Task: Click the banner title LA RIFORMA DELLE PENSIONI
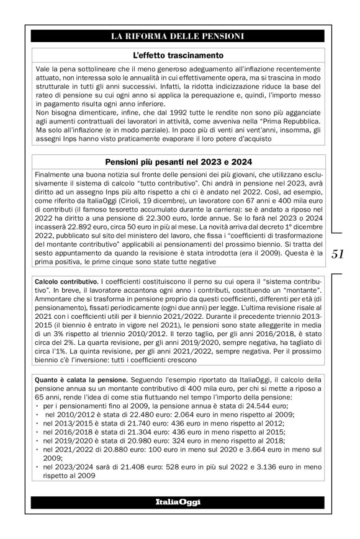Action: click(x=178, y=36)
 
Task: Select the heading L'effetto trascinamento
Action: click(x=178, y=55)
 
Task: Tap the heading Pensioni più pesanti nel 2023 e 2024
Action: click(x=178, y=162)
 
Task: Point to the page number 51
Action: click(x=339, y=253)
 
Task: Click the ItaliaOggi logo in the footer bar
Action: click(x=178, y=501)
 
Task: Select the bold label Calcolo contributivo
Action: click(x=63, y=282)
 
